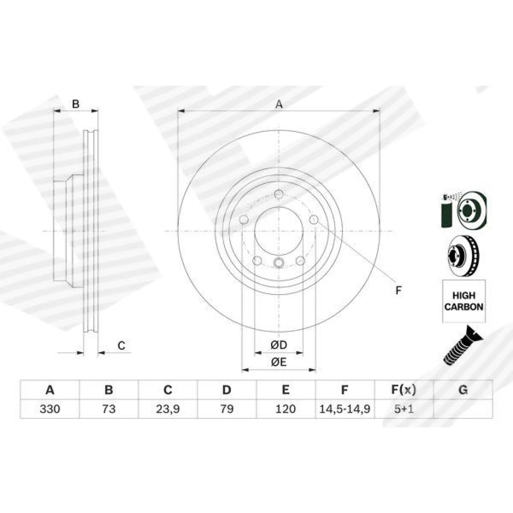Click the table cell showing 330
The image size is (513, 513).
tap(50, 409)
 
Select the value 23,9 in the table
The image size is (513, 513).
tap(167, 409)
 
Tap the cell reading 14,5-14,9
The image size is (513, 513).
tap(345, 409)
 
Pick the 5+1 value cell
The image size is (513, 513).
tap(404, 409)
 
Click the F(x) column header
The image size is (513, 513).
tap(404, 390)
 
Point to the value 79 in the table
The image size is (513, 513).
tap(227, 409)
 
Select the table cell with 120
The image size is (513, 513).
tap(286, 409)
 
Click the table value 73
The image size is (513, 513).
tap(109, 409)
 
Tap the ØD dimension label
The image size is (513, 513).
tap(279, 345)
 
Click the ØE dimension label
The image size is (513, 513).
tap(279, 362)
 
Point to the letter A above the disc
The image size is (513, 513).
tap(279, 104)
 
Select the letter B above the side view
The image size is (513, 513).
tap(76, 104)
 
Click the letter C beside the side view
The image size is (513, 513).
tap(121, 346)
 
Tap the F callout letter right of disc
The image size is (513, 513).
tap(398, 290)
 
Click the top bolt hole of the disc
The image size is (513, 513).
tap(279, 194)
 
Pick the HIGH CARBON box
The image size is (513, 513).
tap(464, 301)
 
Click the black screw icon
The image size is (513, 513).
tap(462, 346)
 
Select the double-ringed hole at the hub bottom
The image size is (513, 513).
tap(279, 263)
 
